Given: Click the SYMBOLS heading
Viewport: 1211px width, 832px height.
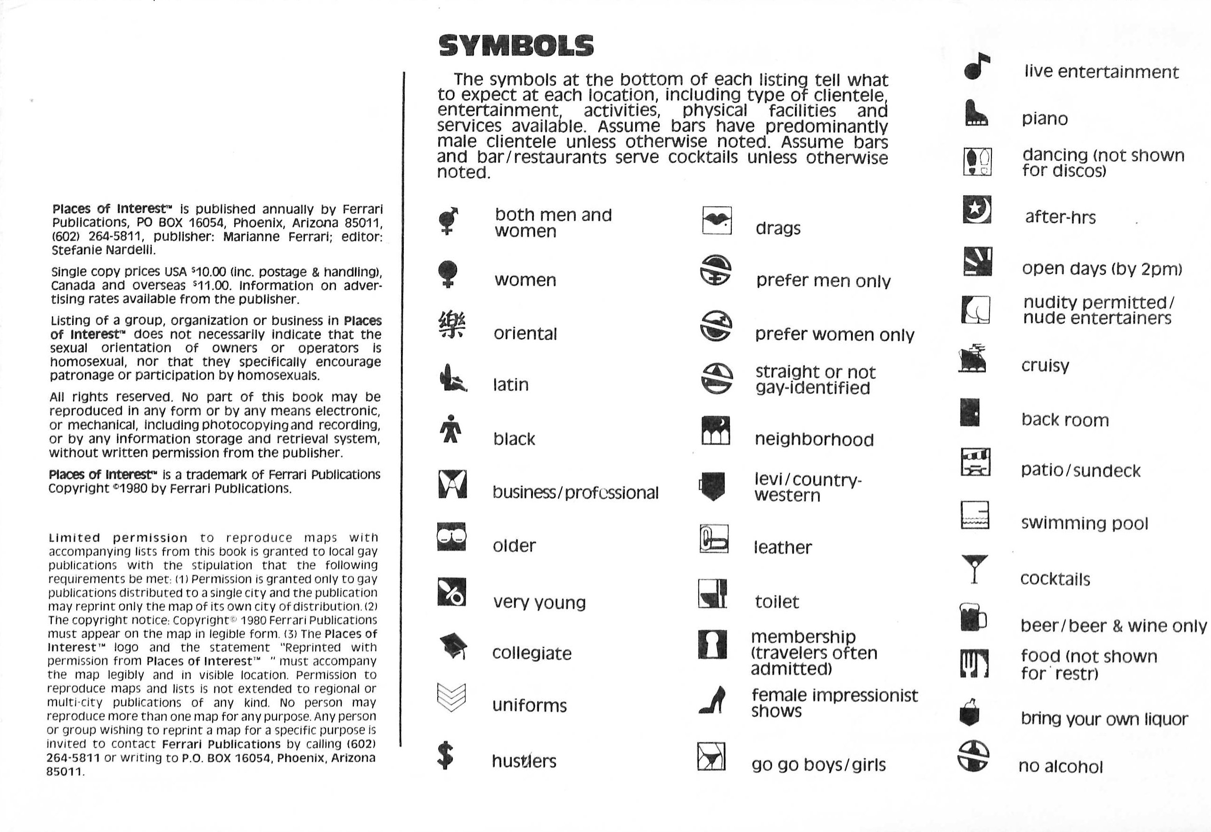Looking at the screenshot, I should [516, 46].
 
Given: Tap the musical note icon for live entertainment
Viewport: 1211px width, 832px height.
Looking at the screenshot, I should [976, 67].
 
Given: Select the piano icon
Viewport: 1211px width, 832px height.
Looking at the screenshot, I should [975, 113].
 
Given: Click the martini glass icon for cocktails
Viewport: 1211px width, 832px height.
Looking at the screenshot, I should [975, 569].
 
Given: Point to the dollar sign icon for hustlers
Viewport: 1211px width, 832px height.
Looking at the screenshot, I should [445, 757].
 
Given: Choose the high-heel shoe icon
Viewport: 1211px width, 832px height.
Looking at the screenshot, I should [712, 700].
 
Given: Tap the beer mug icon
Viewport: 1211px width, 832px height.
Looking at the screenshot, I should [973, 617].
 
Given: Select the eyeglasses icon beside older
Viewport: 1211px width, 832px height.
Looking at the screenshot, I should [451, 537].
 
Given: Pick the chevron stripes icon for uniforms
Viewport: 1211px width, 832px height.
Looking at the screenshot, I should [451, 697].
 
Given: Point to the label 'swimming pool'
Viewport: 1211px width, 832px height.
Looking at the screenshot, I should [1084, 523].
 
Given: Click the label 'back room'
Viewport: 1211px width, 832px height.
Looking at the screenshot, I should [1064, 420].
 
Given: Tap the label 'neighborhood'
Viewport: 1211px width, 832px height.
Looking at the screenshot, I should [814, 439].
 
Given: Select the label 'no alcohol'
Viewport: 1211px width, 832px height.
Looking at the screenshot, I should [1060, 766].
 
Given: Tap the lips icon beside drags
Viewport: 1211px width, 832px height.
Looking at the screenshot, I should [717, 221].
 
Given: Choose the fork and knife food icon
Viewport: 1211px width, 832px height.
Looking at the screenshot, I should [974, 663].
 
